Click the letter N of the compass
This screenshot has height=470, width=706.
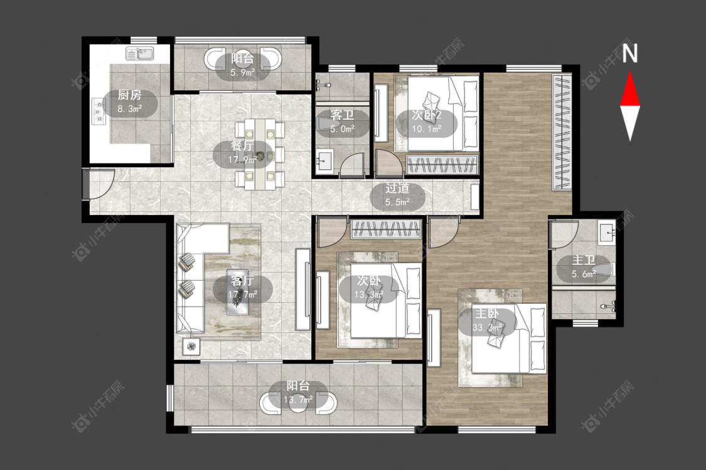[630, 53]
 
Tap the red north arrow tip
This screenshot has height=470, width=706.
[630, 72]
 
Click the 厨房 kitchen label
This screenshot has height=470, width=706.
[130, 95]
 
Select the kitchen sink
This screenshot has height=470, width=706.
[140, 53]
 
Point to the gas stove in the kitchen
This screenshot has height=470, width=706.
[98, 111]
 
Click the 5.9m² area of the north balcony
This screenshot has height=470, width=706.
[243, 71]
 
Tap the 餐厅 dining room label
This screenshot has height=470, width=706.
[242, 146]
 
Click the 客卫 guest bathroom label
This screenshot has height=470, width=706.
[342, 115]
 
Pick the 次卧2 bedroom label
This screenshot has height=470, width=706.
[426, 115]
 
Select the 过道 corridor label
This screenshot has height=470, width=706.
[398, 188]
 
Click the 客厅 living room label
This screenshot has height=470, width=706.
[242, 281]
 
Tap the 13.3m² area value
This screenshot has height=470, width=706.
[369, 294]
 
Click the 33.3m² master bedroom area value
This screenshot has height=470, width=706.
[487, 327]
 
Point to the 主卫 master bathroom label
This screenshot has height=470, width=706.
[584, 260]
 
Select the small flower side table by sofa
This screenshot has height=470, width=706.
[192, 347]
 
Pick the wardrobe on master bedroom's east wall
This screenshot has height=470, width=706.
[562, 132]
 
